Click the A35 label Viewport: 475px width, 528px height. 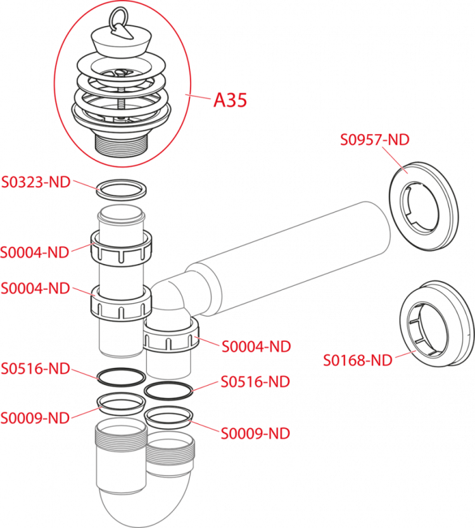(230, 100)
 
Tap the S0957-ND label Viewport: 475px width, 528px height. (374, 139)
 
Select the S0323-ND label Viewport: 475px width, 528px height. (36, 182)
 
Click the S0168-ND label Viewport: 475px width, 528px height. (358, 360)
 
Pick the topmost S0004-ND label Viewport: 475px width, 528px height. (35, 252)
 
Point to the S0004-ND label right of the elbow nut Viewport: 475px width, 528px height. (256, 346)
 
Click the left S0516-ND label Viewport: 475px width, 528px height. (35, 368)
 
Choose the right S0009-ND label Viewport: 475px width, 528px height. (255, 434)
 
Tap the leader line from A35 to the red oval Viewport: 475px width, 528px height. (200, 97)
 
